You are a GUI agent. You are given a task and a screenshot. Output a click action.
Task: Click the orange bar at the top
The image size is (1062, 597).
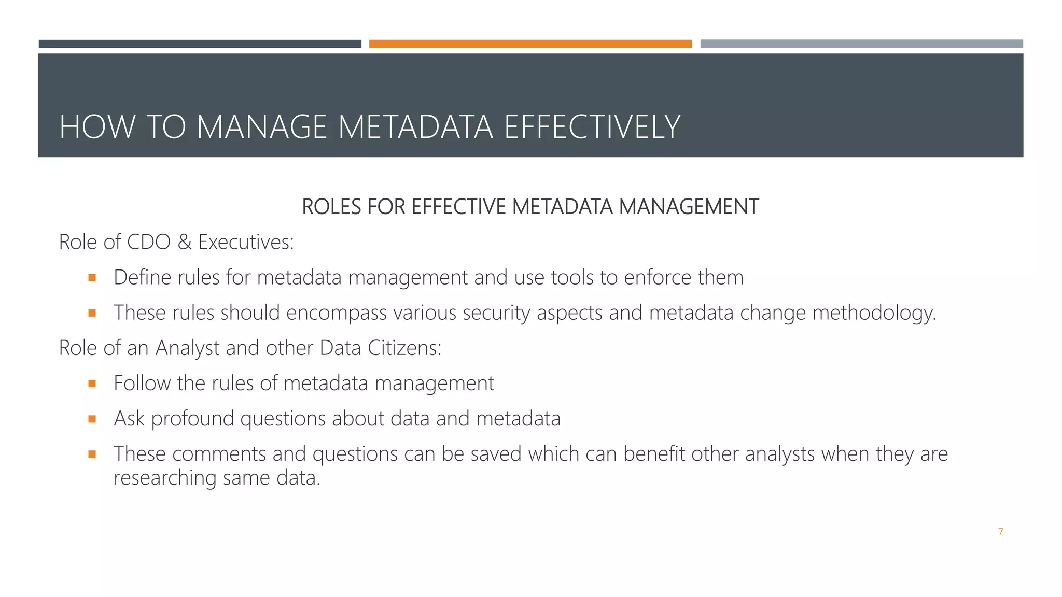pyautogui.click(x=530, y=44)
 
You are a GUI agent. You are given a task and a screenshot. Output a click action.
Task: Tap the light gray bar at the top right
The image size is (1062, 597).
pyautogui.click(x=861, y=44)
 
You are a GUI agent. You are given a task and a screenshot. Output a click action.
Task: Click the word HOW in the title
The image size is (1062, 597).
pyautogui.click(x=97, y=127)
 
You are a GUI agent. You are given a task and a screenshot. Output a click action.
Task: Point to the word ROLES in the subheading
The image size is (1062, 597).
pyautogui.click(x=331, y=207)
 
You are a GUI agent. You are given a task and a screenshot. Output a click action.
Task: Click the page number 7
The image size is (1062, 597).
pyautogui.click(x=1000, y=532)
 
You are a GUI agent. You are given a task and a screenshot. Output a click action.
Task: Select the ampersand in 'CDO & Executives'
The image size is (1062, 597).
pyautogui.click(x=184, y=242)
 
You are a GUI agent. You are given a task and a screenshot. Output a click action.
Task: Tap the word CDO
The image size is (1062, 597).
pyautogui.click(x=149, y=242)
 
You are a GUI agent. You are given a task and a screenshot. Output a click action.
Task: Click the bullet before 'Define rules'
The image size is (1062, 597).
pyautogui.click(x=92, y=278)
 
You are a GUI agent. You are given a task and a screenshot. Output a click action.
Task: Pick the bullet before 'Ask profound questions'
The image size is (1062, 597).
pyautogui.click(x=92, y=419)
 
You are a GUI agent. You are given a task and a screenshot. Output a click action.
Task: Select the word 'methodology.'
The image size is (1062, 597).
pyautogui.click(x=874, y=313)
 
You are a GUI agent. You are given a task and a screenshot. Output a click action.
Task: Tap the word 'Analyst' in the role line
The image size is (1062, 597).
pyautogui.click(x=187, y=348)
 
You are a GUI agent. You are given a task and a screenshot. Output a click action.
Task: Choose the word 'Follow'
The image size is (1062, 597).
pyautogui.click(x=142, y=383)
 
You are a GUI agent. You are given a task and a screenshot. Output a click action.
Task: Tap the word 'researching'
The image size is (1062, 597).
pyautogui.click(x=165, y=478)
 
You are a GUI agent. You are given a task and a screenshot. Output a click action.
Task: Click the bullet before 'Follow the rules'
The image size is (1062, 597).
pyautogui.click(x=92, y=383)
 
